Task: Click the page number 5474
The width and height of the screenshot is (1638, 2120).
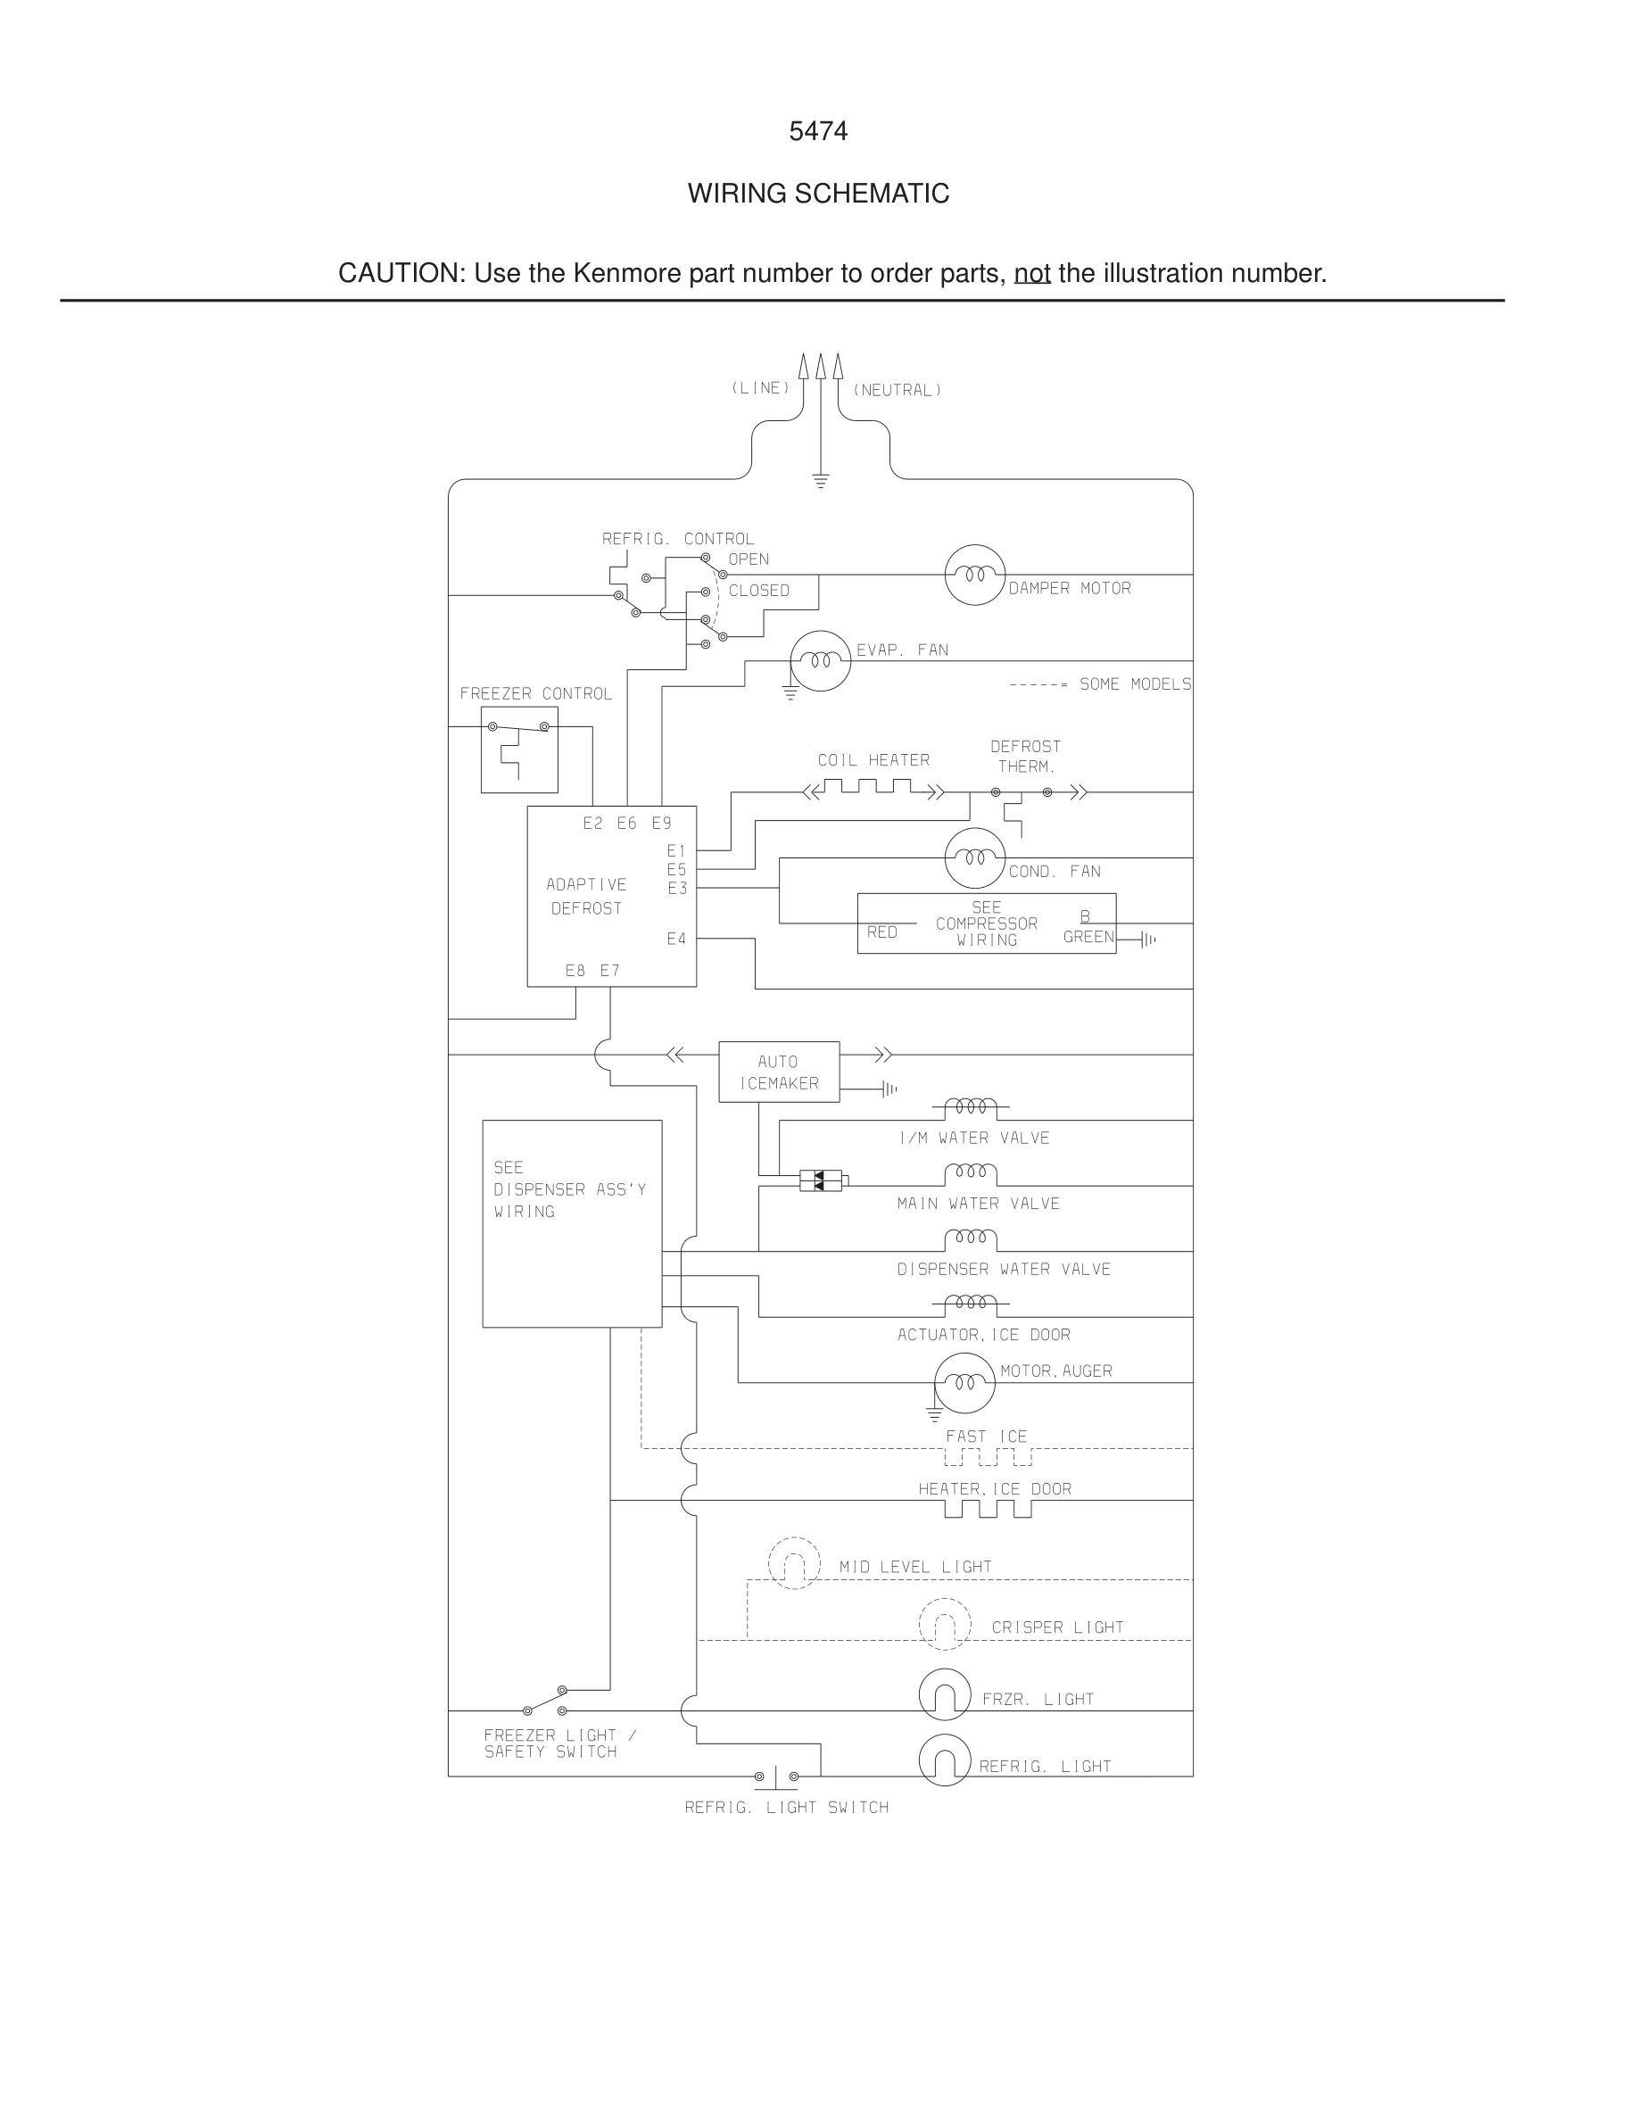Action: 818,131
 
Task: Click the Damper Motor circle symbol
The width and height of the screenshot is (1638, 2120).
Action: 974,575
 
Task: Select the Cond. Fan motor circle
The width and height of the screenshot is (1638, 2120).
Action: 974,858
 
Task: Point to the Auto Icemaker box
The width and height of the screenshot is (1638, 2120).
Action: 778,1072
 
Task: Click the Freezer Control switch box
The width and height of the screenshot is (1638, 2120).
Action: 519,749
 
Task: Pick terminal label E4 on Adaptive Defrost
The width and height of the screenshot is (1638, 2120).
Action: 676,939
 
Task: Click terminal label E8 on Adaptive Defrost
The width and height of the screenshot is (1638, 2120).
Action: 575,970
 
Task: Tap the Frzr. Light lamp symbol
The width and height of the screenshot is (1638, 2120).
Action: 944,1694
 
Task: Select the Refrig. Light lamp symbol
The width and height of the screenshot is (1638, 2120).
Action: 944,1760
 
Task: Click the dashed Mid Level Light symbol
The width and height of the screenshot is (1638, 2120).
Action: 794,1563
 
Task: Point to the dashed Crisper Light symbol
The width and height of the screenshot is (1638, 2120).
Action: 944,1624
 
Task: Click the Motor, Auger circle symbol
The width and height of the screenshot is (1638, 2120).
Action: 964,1382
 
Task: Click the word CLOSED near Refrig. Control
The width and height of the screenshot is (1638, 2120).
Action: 759,590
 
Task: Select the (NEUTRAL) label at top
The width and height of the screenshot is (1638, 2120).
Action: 897,390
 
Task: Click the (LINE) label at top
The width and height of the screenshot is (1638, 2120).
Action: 760,388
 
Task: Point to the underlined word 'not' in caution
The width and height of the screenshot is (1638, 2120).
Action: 1031,274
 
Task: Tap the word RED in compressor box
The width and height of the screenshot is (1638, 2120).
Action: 881,932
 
